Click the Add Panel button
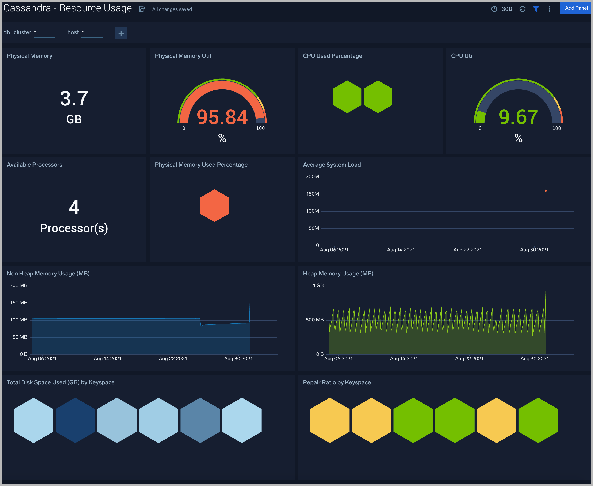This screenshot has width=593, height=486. click(x=576, y=8)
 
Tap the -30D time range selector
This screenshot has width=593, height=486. click(x=502, y=9)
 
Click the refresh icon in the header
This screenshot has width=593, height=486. click(x=522, y=9)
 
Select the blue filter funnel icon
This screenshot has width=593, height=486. click(x=536, y=9)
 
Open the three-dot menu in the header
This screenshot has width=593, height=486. click(x=549, y=9)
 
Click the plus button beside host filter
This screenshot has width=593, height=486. click(x=121, y=33)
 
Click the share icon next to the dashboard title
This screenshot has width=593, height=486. click(x=142, y=9)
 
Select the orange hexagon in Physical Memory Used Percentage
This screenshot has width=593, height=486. click(x=214, y=206)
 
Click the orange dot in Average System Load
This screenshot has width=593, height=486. click(x=545, y=191)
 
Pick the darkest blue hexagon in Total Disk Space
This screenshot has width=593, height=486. click(x=75, y=420)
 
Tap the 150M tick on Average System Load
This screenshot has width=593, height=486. click(x=312, y=194)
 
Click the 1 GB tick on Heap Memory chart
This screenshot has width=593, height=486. click(x=318, y=285)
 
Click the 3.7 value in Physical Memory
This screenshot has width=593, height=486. click(x=74, y=99)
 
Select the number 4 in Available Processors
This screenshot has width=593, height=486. click(x=74, y=207)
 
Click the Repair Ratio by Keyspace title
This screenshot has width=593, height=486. click(x=337, y=382)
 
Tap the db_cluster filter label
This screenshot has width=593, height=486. click(x=17, y=32)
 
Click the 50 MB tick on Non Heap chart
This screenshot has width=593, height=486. click(x=20, y=337)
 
